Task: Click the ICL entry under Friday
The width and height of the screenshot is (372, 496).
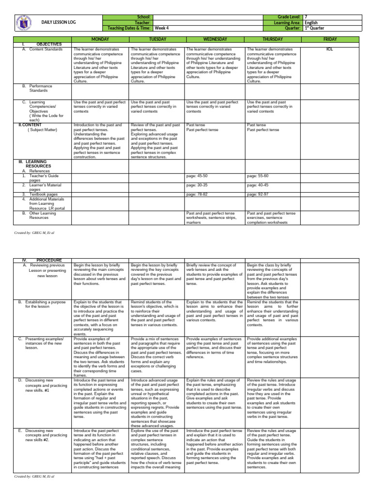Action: click(329, 49)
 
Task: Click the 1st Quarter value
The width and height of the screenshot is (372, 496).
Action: click(316, 28)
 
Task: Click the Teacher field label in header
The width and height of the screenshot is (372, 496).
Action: click(144, 22)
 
